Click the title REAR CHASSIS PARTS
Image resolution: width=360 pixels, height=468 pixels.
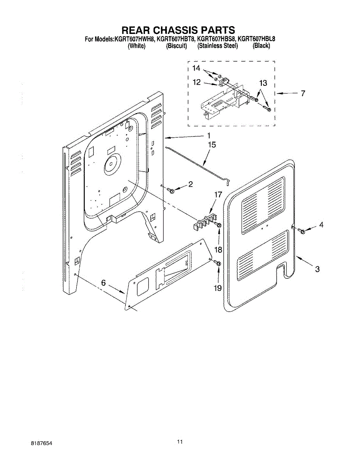(x=178, y=30)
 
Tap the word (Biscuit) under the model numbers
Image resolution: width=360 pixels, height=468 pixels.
(x=176, y=46)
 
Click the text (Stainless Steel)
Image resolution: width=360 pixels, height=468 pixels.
(x=217, y=46)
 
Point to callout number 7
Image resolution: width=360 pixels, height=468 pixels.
(x=303, y=94)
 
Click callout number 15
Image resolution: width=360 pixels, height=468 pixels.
(x=212, y=145)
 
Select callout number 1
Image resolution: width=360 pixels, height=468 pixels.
(x=209, y=136)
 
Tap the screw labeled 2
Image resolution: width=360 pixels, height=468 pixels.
(x=170, y=190)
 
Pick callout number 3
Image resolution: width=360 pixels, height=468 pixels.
(x=317, y=269)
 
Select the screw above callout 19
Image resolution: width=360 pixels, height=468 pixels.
(x=218, y=264)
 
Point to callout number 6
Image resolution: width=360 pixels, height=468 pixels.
(x=104, y=284)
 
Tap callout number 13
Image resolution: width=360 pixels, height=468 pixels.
(x=263, y=83)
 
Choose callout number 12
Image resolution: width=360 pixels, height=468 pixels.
(x=196, y=83)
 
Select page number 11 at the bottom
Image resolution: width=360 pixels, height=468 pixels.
(x=179, y=442)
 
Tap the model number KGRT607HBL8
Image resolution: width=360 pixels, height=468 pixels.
(x=256, y=39)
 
